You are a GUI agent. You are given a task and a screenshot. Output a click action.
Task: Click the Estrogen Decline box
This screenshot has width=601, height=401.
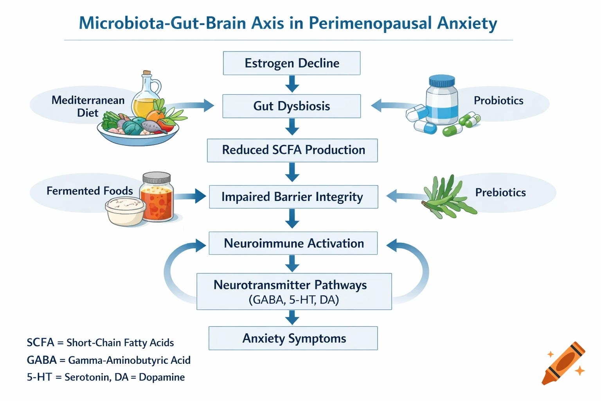(x=292, y=63)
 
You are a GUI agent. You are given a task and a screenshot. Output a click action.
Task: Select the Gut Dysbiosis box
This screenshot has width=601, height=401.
(x=292, y=106)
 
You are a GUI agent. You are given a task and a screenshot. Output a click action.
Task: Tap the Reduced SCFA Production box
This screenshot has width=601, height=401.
(x=292, y=150)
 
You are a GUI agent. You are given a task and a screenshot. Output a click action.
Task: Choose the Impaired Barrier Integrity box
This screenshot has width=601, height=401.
(x=293, y=197)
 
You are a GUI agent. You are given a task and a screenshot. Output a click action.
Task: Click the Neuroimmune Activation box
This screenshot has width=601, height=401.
(x=293, y=243)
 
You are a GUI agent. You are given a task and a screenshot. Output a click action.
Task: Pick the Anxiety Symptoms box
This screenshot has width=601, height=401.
(x=293, y=338)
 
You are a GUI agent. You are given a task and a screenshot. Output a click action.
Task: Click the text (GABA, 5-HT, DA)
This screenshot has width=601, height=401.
(x=293, y=300)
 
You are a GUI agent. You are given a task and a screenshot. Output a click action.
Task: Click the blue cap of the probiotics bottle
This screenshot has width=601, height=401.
(x=442, y=81)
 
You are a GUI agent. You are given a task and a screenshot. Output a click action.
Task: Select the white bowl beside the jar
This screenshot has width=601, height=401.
(x=124, y=211)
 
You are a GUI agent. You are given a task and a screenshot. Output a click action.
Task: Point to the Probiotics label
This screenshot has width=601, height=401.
(x=498, y=101)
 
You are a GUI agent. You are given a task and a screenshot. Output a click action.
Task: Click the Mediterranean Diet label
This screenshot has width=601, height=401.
(x=88, y=107)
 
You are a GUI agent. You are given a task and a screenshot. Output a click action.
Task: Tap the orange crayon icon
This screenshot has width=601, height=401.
(x=563, y=363)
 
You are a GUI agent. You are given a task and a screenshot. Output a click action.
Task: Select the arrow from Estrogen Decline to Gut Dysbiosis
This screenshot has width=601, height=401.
(x=292, y=84)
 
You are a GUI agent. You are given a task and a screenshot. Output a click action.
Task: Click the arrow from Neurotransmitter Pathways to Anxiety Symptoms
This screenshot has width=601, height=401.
(x=292, y=318)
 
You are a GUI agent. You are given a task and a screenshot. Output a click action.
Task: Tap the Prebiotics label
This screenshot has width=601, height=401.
(x=500, y=192)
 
